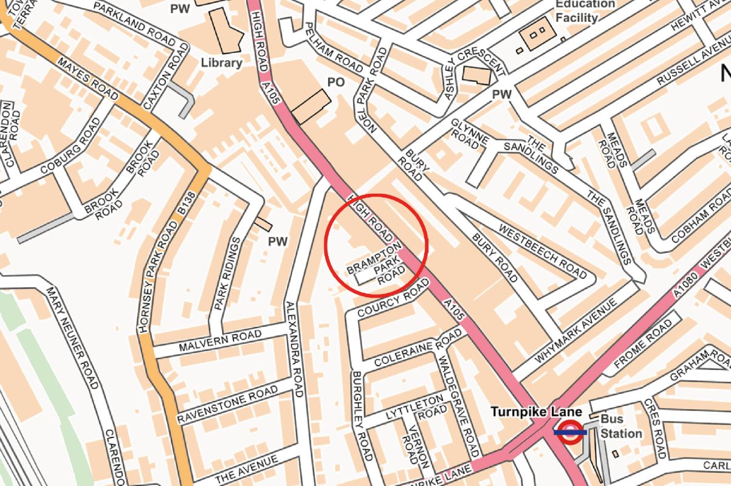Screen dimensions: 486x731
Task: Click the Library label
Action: (x=221, y=63)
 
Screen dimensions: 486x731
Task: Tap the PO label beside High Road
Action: (x=336, y=81)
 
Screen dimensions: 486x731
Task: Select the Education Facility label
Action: (x=577, y=11)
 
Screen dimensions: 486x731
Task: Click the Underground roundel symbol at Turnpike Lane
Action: (x=569, y=433)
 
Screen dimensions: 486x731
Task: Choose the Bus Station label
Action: (x=621, y=426)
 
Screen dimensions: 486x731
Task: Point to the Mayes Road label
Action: (x=88, y=77)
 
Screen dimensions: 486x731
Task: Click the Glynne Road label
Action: (x=470, y=133)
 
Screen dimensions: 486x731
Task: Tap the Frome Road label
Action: (x=643, y=345)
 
